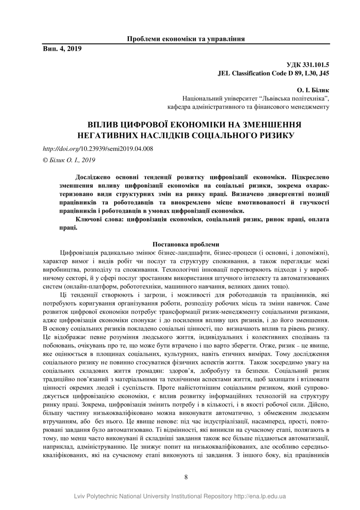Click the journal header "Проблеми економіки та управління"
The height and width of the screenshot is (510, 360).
[x=186, y=39]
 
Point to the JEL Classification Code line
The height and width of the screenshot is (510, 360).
[x=273, y=74]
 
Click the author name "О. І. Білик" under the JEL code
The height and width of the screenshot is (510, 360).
[x=313, y=90]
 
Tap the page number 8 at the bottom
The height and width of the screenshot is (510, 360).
[x=186, y=477]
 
